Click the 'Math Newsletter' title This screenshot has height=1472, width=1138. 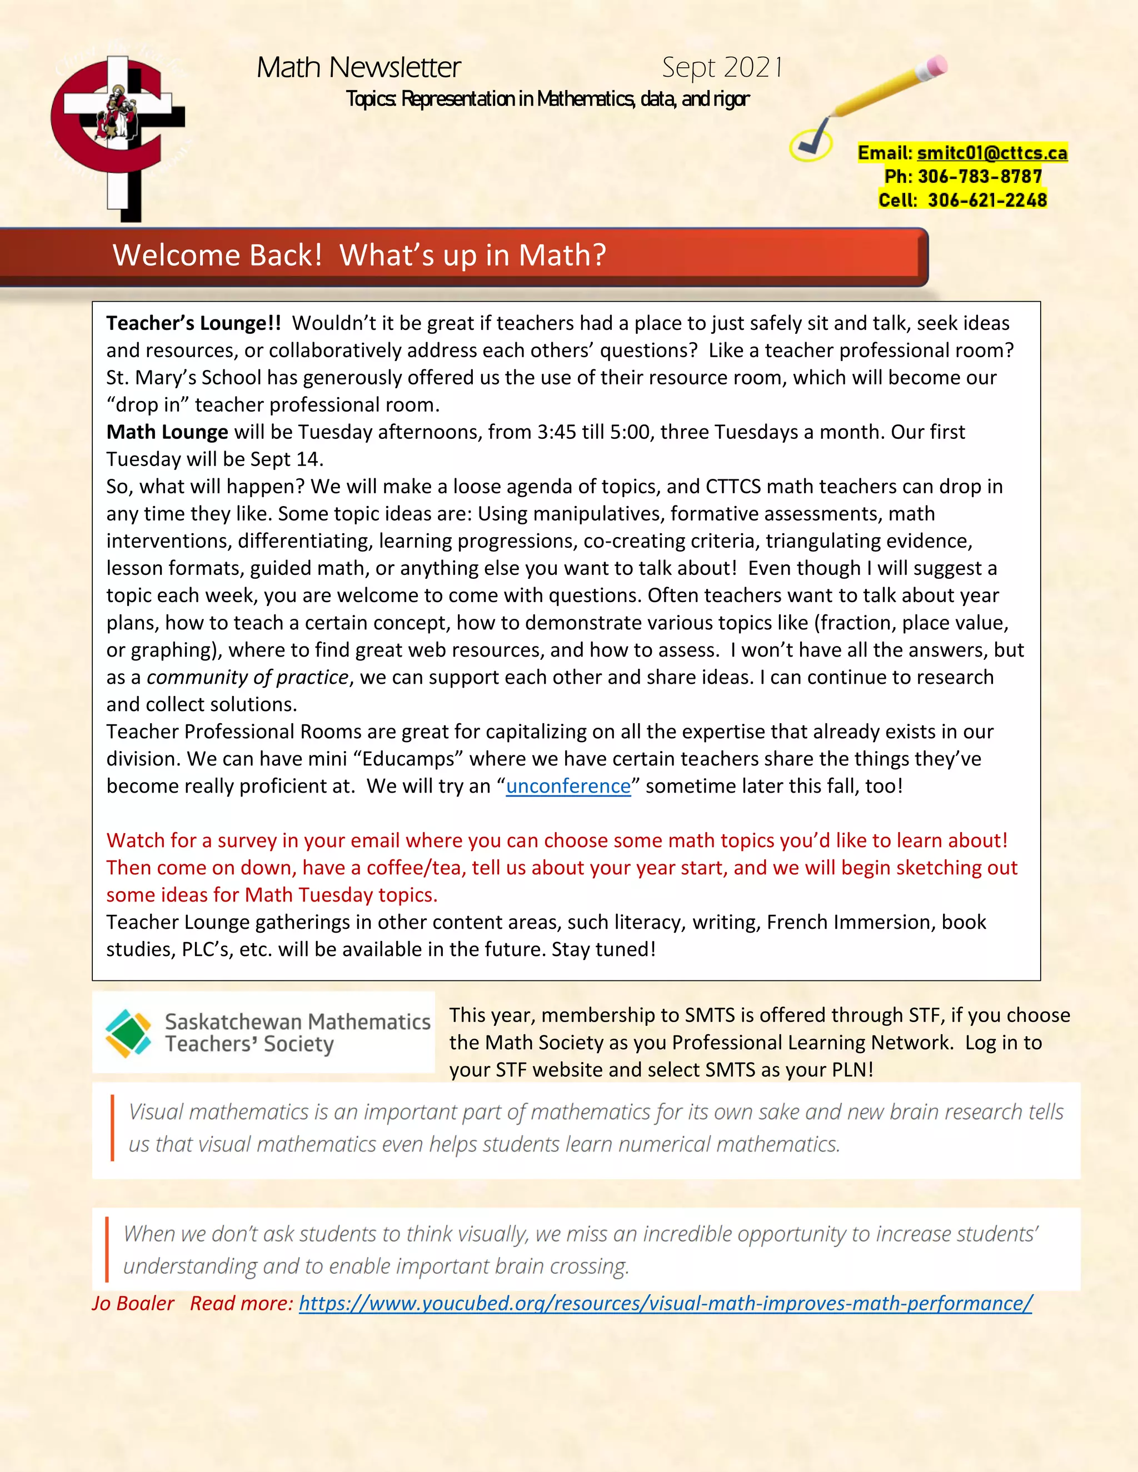[x=358, y=67]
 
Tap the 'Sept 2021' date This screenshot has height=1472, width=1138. [x=721, y=67]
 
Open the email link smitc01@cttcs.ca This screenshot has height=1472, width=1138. [x=992, y=153]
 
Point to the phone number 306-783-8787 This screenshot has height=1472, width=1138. [x=980, y=177]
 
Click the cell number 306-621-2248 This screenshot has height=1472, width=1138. [x=987, y=200]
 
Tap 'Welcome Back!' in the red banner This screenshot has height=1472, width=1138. [x=217, y=256]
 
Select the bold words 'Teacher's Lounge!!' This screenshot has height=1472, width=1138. [x=193, y=323]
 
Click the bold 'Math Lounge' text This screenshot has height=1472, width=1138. [x=167, y=432]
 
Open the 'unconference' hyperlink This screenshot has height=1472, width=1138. [x=568, y=786]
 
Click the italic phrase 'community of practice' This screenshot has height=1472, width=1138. [x=247, y=677]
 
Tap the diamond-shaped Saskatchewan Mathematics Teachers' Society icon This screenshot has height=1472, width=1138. [x=128, y=1033]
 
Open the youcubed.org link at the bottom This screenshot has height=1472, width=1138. [x=665, y=1303]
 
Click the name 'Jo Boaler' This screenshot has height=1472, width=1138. [x=133, y=1303]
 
